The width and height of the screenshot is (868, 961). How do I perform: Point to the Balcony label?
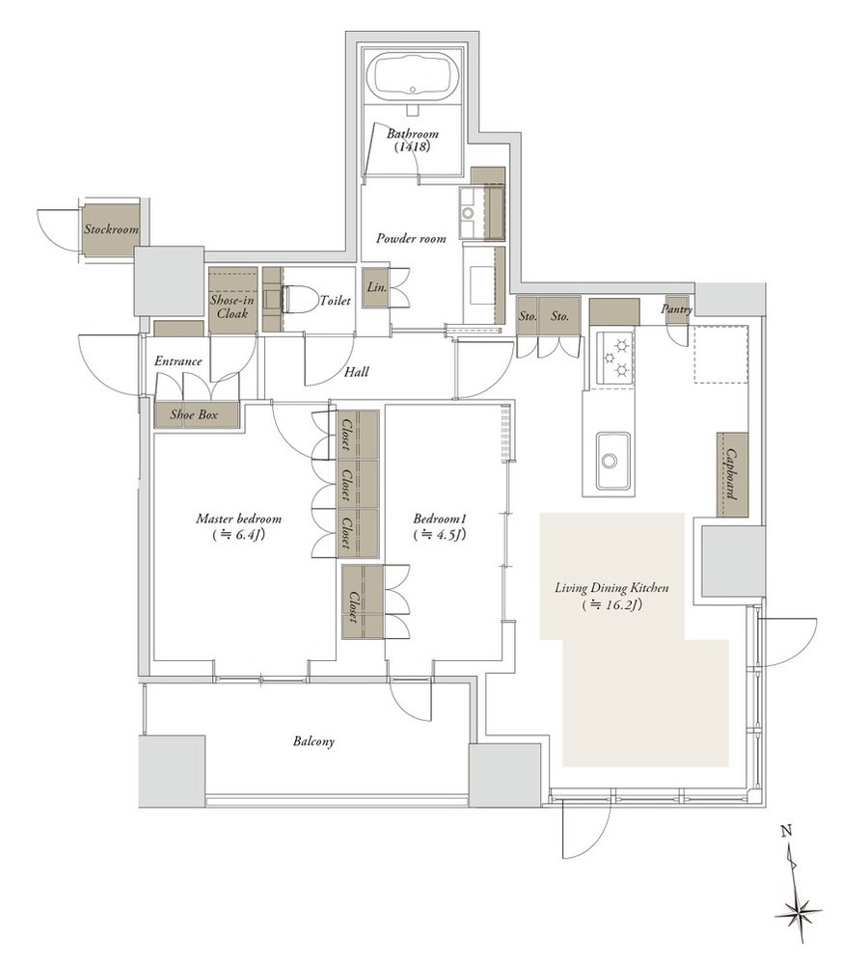(314, 742)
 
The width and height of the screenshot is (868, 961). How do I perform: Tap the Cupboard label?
(734, 473)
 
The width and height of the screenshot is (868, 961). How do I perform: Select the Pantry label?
(677, 309)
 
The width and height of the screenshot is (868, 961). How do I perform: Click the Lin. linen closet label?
(374, 288)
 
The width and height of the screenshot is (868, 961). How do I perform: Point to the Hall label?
(355, 372)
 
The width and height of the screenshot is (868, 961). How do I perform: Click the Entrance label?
(178, 361)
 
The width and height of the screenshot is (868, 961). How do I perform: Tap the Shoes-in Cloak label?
(231, 307)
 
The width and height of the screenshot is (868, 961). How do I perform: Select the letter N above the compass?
(787, 830)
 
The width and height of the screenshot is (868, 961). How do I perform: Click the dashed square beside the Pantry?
(720, 353)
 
